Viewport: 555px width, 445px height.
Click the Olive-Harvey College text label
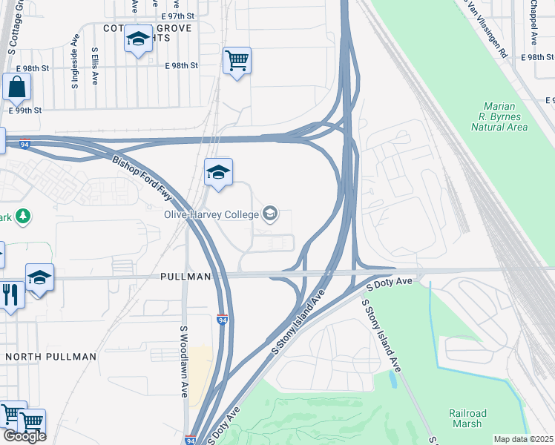click(x=211, y=215)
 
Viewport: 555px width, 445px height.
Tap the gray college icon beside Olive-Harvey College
click(x=270, y=214)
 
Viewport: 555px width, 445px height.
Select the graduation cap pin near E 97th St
click(x=138, y=39)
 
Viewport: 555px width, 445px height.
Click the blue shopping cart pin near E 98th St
click(x=237, y=61)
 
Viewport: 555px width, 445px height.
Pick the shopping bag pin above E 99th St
click(x=16, y=88)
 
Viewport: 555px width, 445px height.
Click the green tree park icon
click(x=24, y=216)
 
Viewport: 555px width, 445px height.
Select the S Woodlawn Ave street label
click(x=185, y=361)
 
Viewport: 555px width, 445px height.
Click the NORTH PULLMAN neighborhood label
click(x=50, y=357)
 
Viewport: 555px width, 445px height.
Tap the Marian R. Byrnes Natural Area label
click(x=499, y=116)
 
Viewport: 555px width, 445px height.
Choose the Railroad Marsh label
click(x=467, y=418)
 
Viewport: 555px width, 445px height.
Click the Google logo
click(x=24, y=436)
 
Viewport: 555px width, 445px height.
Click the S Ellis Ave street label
click(x=95, y=67)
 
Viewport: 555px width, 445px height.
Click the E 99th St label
click(x=25, y=110)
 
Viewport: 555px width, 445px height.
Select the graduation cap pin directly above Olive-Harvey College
click(x=218, y=173)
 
